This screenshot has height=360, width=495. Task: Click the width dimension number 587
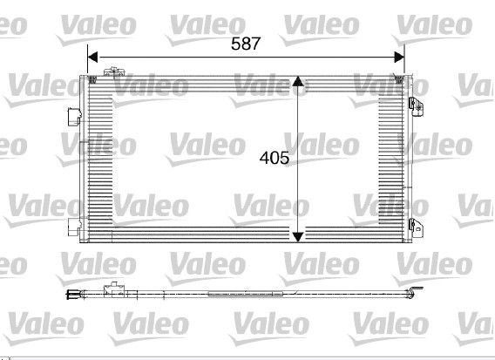246,44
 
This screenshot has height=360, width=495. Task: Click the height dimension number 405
274,158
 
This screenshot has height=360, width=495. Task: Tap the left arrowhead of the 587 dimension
92,58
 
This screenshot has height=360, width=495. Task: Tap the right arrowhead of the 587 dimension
399,58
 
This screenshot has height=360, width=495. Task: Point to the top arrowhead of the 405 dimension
298,81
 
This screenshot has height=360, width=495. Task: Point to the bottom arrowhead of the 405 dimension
298,237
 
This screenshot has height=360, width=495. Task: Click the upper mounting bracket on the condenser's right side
416,106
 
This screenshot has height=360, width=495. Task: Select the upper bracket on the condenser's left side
74,117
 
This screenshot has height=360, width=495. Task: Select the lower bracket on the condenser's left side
74,227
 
